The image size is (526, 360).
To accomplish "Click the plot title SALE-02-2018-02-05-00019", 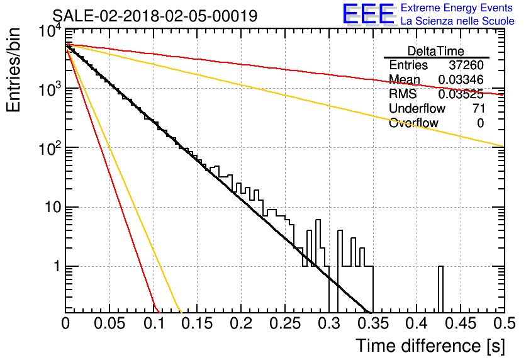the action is point(155,16).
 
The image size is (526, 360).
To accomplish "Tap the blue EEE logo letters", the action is point(369,14).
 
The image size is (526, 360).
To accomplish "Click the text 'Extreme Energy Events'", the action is point(457,8).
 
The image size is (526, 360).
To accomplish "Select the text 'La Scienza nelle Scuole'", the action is point(457,21).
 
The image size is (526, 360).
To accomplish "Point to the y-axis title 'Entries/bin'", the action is point(13,70).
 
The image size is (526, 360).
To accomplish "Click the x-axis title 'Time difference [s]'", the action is point(430,346).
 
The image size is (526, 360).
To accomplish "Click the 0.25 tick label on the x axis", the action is point(285,323).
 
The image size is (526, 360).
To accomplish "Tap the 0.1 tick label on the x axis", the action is point(154,323).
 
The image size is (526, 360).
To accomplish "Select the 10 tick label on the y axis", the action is point(53,207).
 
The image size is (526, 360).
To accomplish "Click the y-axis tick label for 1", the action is point(57,266).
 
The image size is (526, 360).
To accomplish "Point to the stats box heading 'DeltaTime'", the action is point(436,51).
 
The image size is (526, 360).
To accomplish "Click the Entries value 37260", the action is point(466,65).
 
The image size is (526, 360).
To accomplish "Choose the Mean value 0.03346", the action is point(461,79).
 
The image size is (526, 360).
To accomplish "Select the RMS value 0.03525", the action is point(461,94).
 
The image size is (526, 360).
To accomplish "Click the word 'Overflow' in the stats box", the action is point(413,123).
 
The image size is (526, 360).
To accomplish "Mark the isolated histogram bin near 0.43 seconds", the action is point(441,290).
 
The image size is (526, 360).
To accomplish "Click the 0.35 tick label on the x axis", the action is point(372,323).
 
